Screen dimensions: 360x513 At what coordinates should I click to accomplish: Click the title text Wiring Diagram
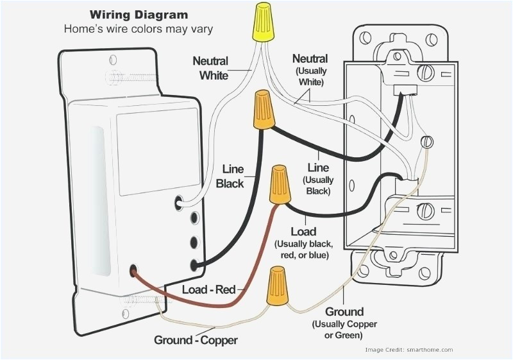(x=139, y=14)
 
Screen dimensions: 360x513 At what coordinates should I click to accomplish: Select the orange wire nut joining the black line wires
(x=263, y=109)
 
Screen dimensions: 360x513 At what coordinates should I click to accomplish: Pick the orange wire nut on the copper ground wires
(x=276, y=286)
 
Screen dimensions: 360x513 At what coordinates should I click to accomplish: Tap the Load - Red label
(x=209, y=289)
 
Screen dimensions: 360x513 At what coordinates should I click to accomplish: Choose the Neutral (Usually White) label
(x=310, y=70)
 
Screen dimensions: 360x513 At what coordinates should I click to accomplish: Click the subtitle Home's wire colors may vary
(x=138, y=29)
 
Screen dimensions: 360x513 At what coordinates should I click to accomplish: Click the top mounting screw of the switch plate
(x=115, y=78)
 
